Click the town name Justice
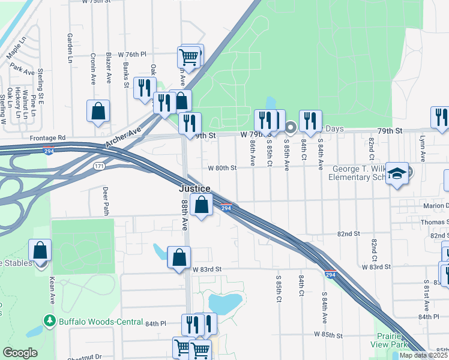click(194, 188)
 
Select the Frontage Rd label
click(49, 137)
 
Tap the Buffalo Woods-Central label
click(101, 321)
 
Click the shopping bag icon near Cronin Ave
click(98, 110)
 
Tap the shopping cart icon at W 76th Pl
click(188, 57)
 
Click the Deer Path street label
click(106, 200)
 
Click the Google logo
click(20, 353)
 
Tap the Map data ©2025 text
click(423, 355)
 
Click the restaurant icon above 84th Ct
click(310, 121)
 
